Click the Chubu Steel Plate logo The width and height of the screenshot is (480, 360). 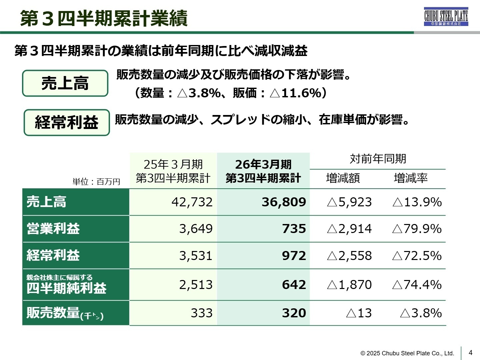pos(446,17)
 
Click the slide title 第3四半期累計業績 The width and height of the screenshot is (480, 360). pos(104,18)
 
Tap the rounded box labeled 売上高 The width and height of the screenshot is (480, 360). pos(65,83)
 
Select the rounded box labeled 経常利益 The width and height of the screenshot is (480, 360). pos(67,122)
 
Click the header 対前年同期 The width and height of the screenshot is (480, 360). pos(378,159)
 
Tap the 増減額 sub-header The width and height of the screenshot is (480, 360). pos(343,178)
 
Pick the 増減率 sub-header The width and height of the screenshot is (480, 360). pos(410,178)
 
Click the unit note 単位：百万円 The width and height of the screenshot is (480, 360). pos(96,182)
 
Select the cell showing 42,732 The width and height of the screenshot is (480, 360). pos(192,202)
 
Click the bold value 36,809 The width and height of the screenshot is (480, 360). pos(284,202)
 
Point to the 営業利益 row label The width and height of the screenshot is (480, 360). pos(53,229)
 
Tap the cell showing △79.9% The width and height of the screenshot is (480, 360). pos(417,229)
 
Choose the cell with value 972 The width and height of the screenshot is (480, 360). pos(294,256)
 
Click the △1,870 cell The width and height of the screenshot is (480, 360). pos(349,285)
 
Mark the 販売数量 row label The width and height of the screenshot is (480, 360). pos(65,313)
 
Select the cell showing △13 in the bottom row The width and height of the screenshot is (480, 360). pos(359,313)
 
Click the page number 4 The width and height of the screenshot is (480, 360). pos(470,353)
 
